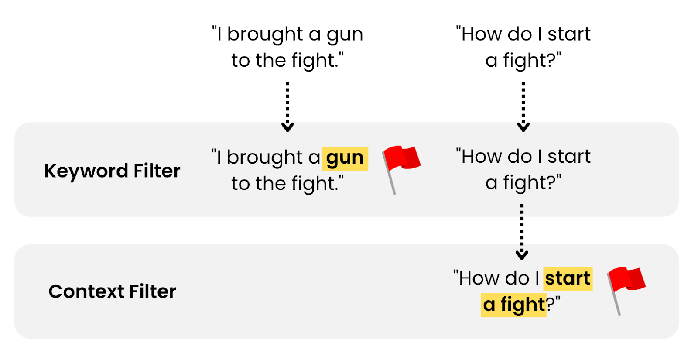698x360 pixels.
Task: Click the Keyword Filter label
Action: pos(112,171)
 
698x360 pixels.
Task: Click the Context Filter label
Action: pos(112,291)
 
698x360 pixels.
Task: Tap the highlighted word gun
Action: pos(345,158)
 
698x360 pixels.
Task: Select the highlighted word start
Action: pos(568,278)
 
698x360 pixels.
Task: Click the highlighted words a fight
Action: pos(514,304)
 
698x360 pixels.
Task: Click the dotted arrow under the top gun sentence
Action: pos(287,106)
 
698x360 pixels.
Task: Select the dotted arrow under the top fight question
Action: pos(523,106)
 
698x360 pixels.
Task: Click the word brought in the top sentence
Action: pos(265,34)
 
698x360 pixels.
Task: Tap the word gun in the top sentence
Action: pos(345,35)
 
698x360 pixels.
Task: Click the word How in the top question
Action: pos(480,34)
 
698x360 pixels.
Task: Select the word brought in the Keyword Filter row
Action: pos(265,157)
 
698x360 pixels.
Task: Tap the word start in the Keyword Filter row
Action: pos(569,156)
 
